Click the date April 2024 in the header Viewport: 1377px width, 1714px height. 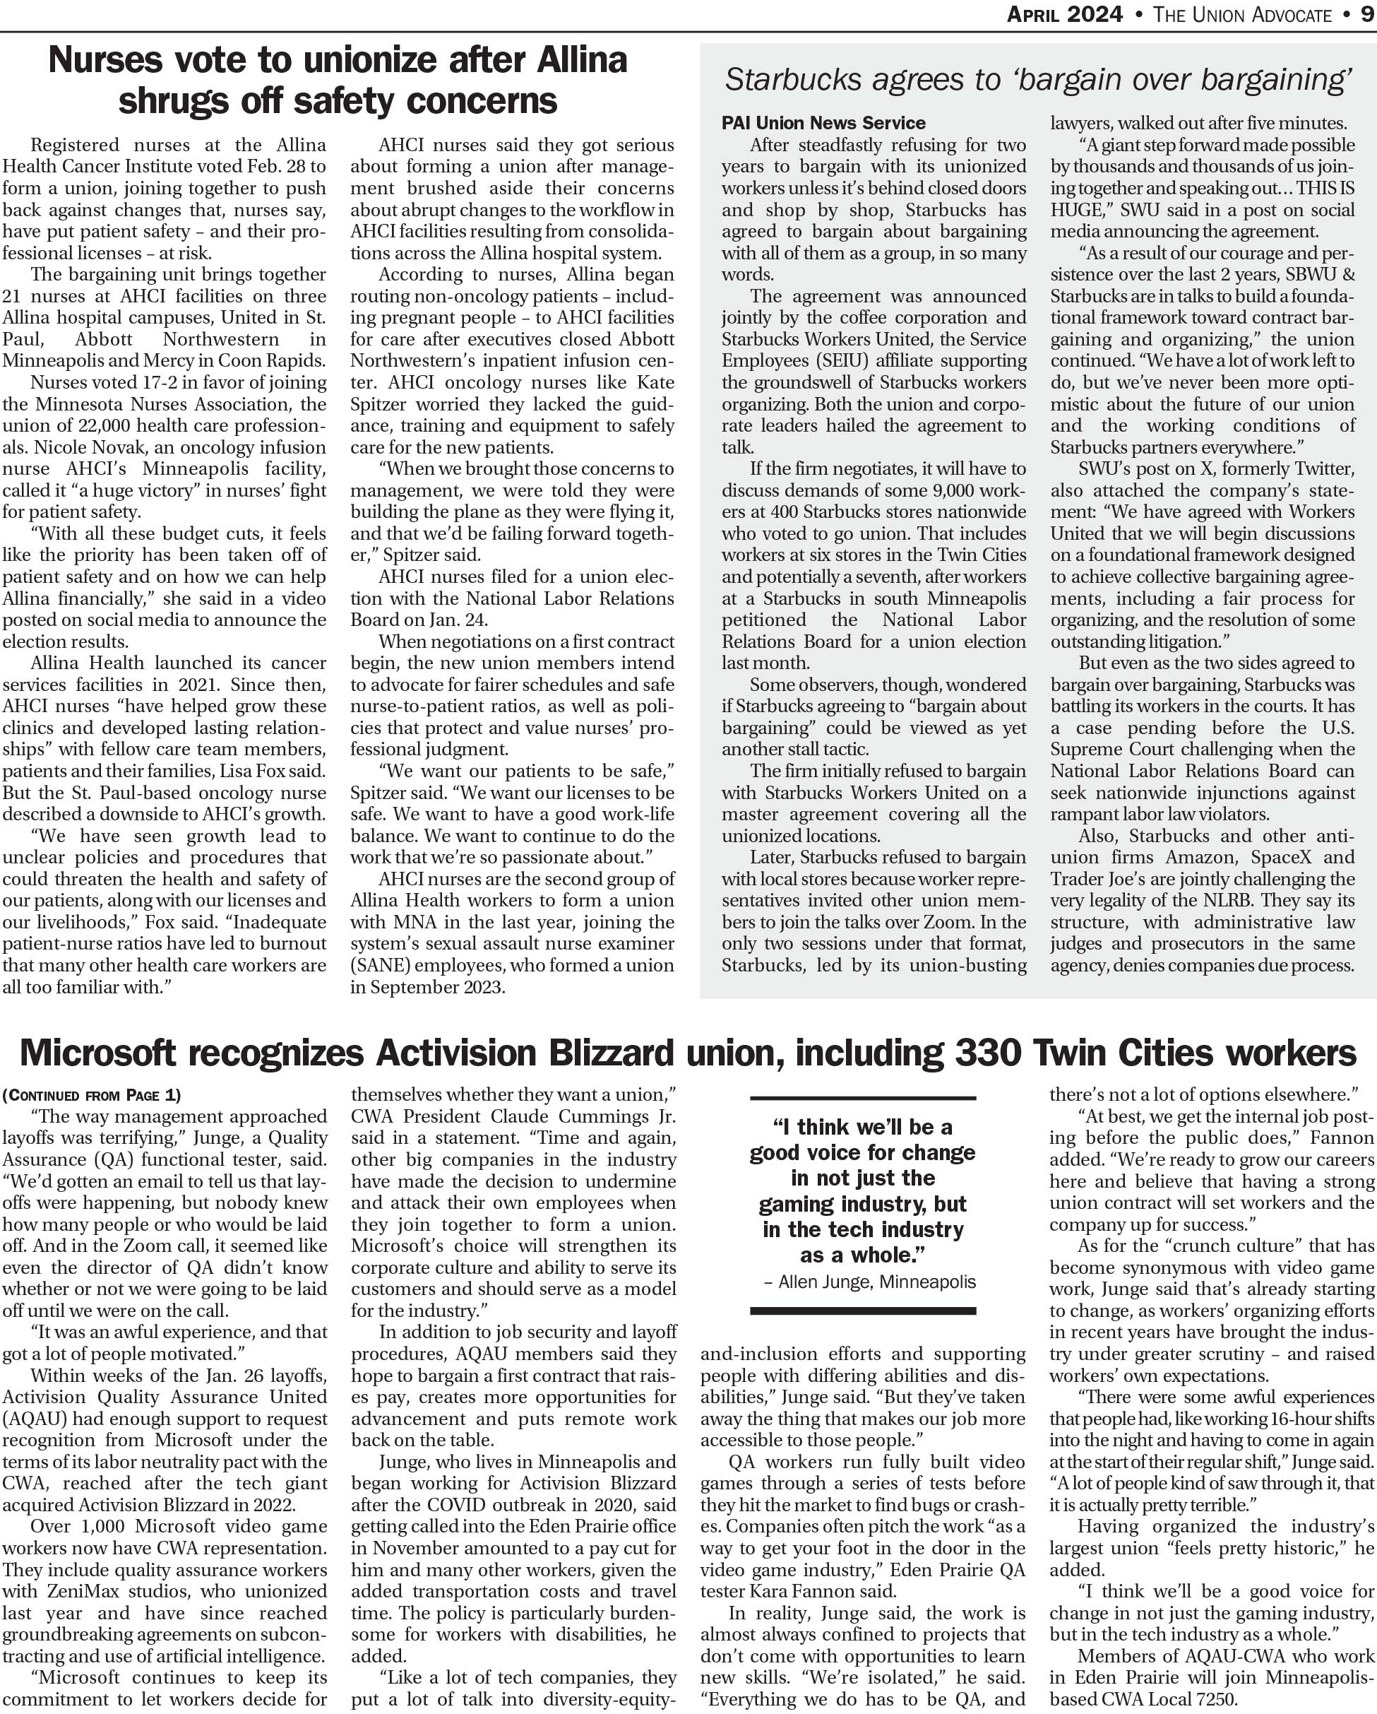click(1065, 15)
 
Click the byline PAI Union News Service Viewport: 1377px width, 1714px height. click(823, 123)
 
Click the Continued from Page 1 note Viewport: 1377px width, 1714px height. click(91, 1096)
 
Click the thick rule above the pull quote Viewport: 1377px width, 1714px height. click(863, 1098)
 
